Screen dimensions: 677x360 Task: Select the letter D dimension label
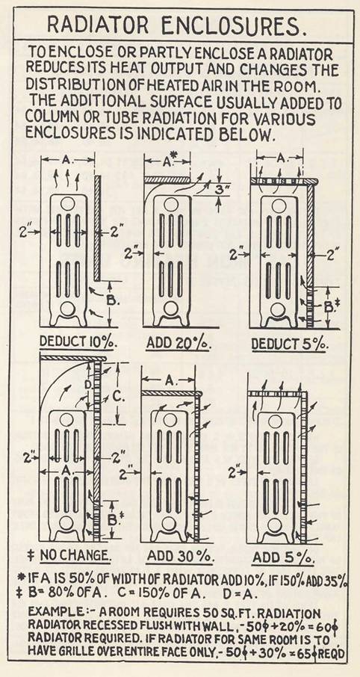(x=106, y=385)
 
